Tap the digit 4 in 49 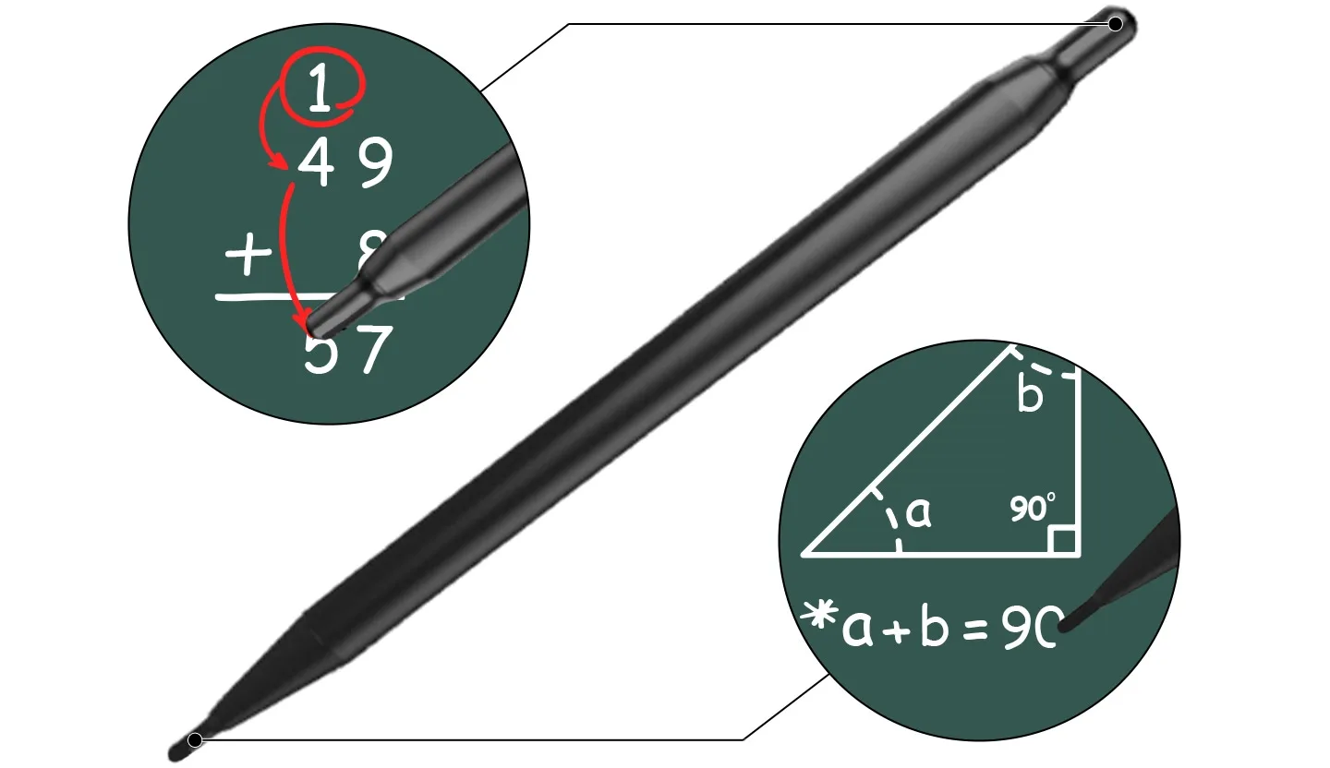tap(315, 164)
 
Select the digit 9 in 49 tap(375, 164)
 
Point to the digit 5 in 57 tap(320, 351)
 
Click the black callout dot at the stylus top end tap(1116, 24)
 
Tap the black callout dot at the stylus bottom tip tap(195, 739)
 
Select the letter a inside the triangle tap(917, 511)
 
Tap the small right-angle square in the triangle tap(1063, 541)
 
